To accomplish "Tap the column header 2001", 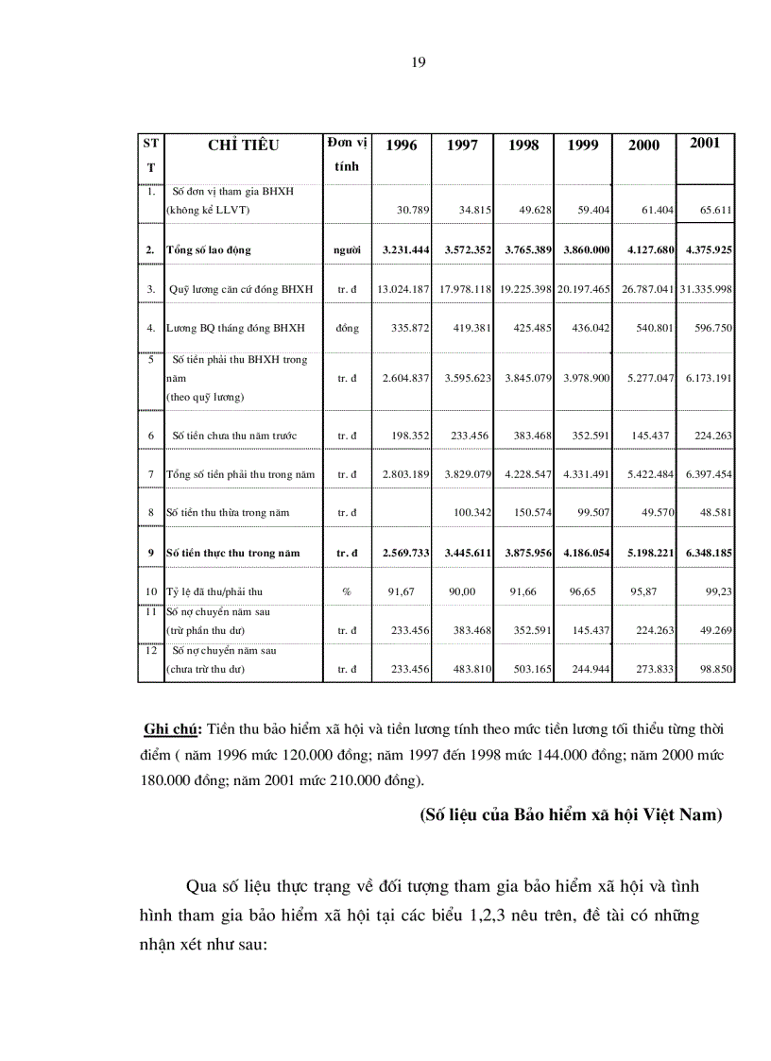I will [x=705, y=143].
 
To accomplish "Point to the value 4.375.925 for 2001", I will [x=706, y=250].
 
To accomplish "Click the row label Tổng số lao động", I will [x=209, y=250].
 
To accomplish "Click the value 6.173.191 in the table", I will [x=706, y=378].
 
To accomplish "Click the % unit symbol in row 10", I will [x=347, y=591].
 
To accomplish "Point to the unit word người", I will [x=347, y=250].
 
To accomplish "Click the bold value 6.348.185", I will [x=706, y=552].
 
